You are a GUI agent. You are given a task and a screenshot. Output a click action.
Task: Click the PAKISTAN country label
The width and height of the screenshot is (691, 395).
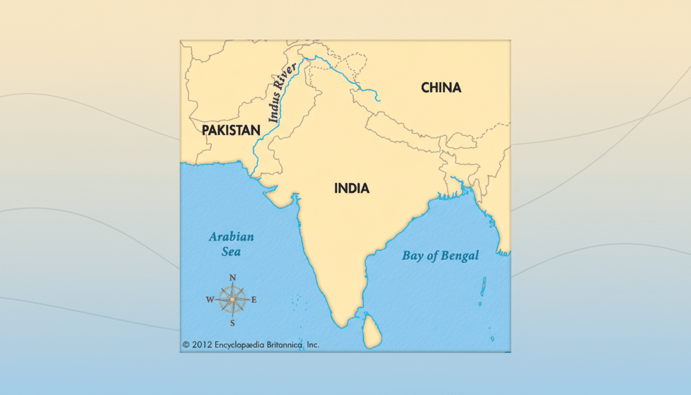231,130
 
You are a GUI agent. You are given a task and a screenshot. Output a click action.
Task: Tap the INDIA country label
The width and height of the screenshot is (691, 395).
352,188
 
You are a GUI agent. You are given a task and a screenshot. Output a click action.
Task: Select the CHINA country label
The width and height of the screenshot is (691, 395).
441,87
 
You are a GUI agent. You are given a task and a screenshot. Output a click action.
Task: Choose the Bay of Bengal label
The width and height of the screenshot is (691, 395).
440,256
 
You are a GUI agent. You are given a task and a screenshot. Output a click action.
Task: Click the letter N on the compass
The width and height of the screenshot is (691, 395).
232,278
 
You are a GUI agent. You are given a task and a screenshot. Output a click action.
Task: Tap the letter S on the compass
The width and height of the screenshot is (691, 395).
232,323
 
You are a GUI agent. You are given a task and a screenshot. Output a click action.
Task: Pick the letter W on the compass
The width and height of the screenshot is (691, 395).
210,300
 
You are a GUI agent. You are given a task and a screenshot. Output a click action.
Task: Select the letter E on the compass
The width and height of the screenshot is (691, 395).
254,300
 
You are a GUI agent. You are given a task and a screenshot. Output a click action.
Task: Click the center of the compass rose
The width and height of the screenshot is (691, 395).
232,300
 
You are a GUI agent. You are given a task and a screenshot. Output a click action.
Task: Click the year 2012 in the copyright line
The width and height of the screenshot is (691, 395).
202,345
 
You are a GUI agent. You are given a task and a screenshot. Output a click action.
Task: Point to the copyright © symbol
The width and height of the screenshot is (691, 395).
186,345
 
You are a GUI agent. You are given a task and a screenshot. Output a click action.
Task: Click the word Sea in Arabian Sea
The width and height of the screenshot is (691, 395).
231,252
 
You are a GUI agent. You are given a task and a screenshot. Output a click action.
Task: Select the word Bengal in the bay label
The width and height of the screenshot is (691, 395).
461,256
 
